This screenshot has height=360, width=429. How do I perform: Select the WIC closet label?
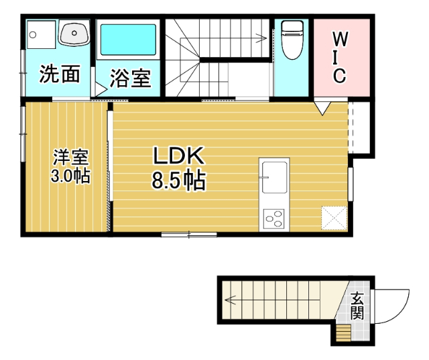tap(340, 57)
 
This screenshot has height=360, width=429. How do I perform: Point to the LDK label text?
tap(178, 157)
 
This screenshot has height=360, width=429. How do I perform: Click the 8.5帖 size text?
tap(178, 181)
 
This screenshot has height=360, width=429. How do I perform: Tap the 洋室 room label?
tap(71, 158)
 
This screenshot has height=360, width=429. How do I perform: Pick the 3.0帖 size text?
tap(71, 176)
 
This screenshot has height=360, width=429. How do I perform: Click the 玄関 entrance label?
tap(357, 306)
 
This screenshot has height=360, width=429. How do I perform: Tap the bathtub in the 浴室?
tap(128, 40)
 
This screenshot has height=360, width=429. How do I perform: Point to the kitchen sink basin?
tap(274, 176)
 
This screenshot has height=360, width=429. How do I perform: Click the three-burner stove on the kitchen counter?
tap(274, 218)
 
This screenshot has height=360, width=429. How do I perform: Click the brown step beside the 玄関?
tap(343, 331)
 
